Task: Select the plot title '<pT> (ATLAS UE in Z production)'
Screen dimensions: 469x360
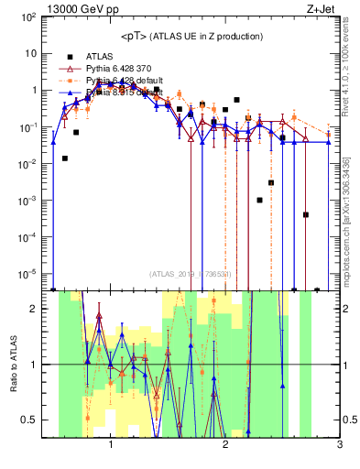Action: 191,36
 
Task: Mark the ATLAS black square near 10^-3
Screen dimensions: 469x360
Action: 260,200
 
